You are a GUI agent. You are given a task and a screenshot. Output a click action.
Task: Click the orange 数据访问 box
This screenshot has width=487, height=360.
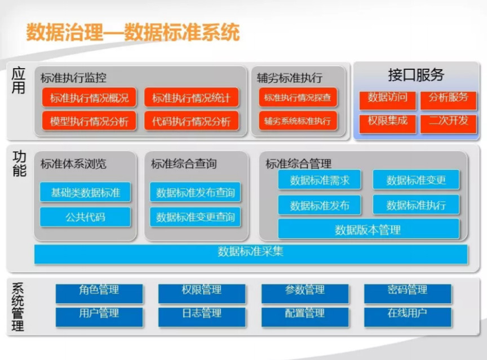coord(387,100)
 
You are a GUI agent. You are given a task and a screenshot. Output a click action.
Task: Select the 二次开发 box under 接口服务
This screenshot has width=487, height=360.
coord(448,124)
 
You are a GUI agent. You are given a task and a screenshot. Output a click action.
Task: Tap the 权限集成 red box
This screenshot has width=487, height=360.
coord(387,124)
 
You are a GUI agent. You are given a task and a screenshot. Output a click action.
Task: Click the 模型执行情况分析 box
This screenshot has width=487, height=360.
coord(89,121)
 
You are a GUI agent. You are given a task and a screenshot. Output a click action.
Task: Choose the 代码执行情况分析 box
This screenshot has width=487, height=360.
coord(191,121)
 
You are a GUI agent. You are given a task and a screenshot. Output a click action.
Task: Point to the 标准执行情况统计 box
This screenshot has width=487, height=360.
coord(191,97)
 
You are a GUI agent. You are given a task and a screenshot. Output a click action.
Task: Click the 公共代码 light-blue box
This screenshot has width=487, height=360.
coord(86,217)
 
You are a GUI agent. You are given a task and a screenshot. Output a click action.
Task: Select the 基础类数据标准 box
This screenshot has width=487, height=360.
coord(86,192)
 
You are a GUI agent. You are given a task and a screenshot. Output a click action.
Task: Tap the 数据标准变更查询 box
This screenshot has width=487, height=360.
coord(196,217)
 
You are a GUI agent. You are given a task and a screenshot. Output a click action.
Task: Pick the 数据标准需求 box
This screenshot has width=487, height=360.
coord(320,179)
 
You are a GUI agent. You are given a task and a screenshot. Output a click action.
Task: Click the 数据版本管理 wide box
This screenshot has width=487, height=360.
coord(369,229)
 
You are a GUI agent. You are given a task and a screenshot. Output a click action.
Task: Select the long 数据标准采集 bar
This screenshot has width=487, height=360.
coord(251,254)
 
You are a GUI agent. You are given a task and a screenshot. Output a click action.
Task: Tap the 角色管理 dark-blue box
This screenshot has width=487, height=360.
coord(99,294)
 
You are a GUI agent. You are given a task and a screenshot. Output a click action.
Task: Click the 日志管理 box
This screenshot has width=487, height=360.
coord(202,317)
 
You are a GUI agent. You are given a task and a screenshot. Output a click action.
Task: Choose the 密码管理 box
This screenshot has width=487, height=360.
coord(408,294)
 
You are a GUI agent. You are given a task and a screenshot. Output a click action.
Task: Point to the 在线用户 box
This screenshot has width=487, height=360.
coord(408,317)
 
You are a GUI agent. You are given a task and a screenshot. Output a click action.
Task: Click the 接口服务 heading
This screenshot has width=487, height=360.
coord(416,75)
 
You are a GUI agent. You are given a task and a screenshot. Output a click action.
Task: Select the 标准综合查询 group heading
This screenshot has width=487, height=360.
coord(184,163)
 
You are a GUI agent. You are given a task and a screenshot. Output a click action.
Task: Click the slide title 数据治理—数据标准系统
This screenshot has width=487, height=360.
coord(133,32)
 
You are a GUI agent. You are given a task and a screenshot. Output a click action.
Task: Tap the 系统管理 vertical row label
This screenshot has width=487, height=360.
coord(17,306)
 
